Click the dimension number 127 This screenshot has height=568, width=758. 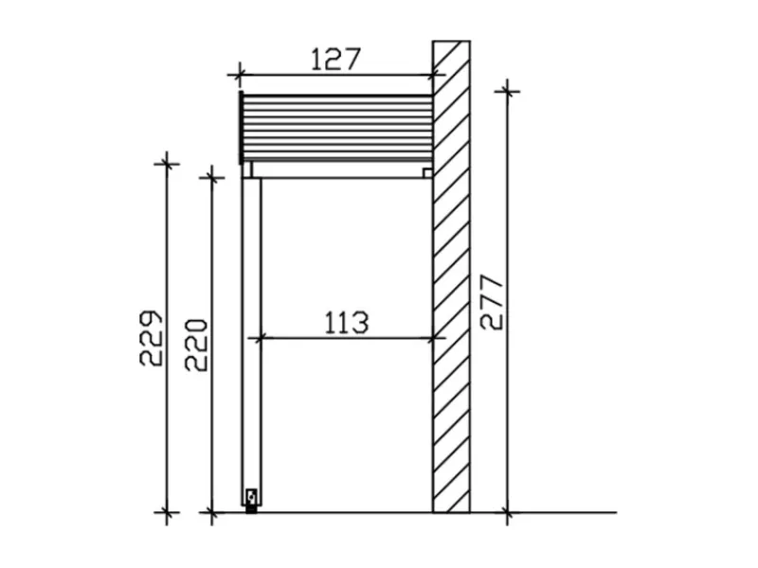[335, 59]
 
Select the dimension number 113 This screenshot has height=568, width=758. [346, 323]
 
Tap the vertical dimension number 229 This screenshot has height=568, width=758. [152, 338]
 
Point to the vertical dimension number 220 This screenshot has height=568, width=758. [196, 345]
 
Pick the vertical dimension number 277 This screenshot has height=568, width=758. [492, 302]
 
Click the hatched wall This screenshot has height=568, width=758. [451, 276]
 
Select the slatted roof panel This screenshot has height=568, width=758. [337, 128]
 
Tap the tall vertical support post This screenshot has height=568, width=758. [251, 342]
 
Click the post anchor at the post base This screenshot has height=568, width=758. [251, 501]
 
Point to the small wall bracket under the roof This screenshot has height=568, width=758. [427, 172]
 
